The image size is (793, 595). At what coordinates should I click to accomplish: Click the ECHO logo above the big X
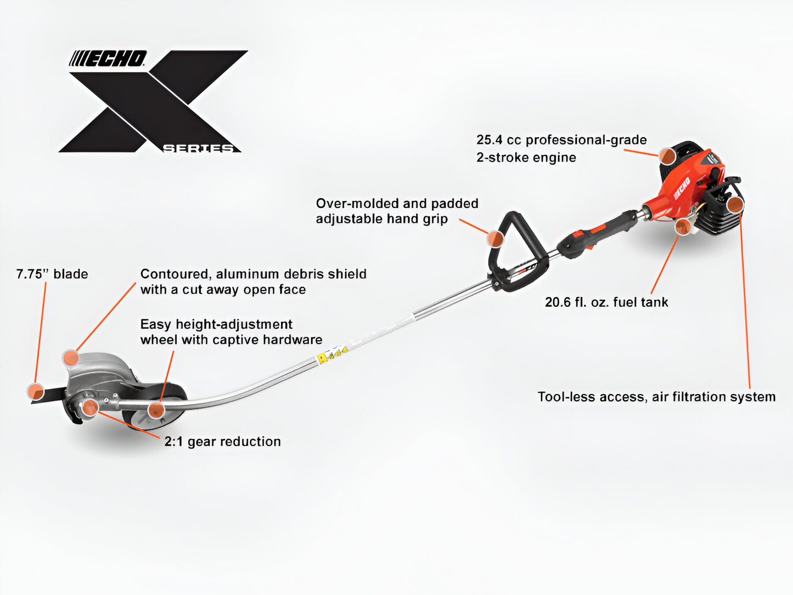pyautogui.click(x=108, y=59)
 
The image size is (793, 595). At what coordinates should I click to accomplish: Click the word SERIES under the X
pyautogui.click(x=198, y=148)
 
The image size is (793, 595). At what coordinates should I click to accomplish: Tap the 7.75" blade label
pyautogui.click(x=52, y=274)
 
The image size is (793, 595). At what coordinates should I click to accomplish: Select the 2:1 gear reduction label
pyautogui.click(x=222, y=441)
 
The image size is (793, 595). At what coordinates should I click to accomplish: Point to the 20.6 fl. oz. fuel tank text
pyautogui.click(x=606, y=302)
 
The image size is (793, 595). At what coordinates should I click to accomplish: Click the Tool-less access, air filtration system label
pyautogui.click(x=656, y=397)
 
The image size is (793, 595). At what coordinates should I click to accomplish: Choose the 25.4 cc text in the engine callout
pyautogui.click(x=498, y=140)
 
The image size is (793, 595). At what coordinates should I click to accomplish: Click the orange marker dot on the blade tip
pyautogui.click(x=36, y=391)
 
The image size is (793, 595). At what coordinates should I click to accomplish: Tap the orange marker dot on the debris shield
pyautogui.click(x=70, y=358)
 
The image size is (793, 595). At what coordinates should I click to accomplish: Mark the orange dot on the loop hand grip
pyautogui.click(x=495, y=238)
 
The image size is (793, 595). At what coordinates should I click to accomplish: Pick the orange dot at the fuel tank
pyautogui.click(x=682, y=227)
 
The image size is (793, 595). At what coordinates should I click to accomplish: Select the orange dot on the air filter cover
pyautogui.click(x=734, y=205)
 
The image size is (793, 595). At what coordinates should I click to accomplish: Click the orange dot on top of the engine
pyautogui.click(x=667, y=155)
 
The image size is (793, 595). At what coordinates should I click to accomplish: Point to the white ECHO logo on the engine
pyautogui.click(x=682, y=188)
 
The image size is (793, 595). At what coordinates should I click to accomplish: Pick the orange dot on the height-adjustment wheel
pyautogui.click(x=156, y=409)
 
